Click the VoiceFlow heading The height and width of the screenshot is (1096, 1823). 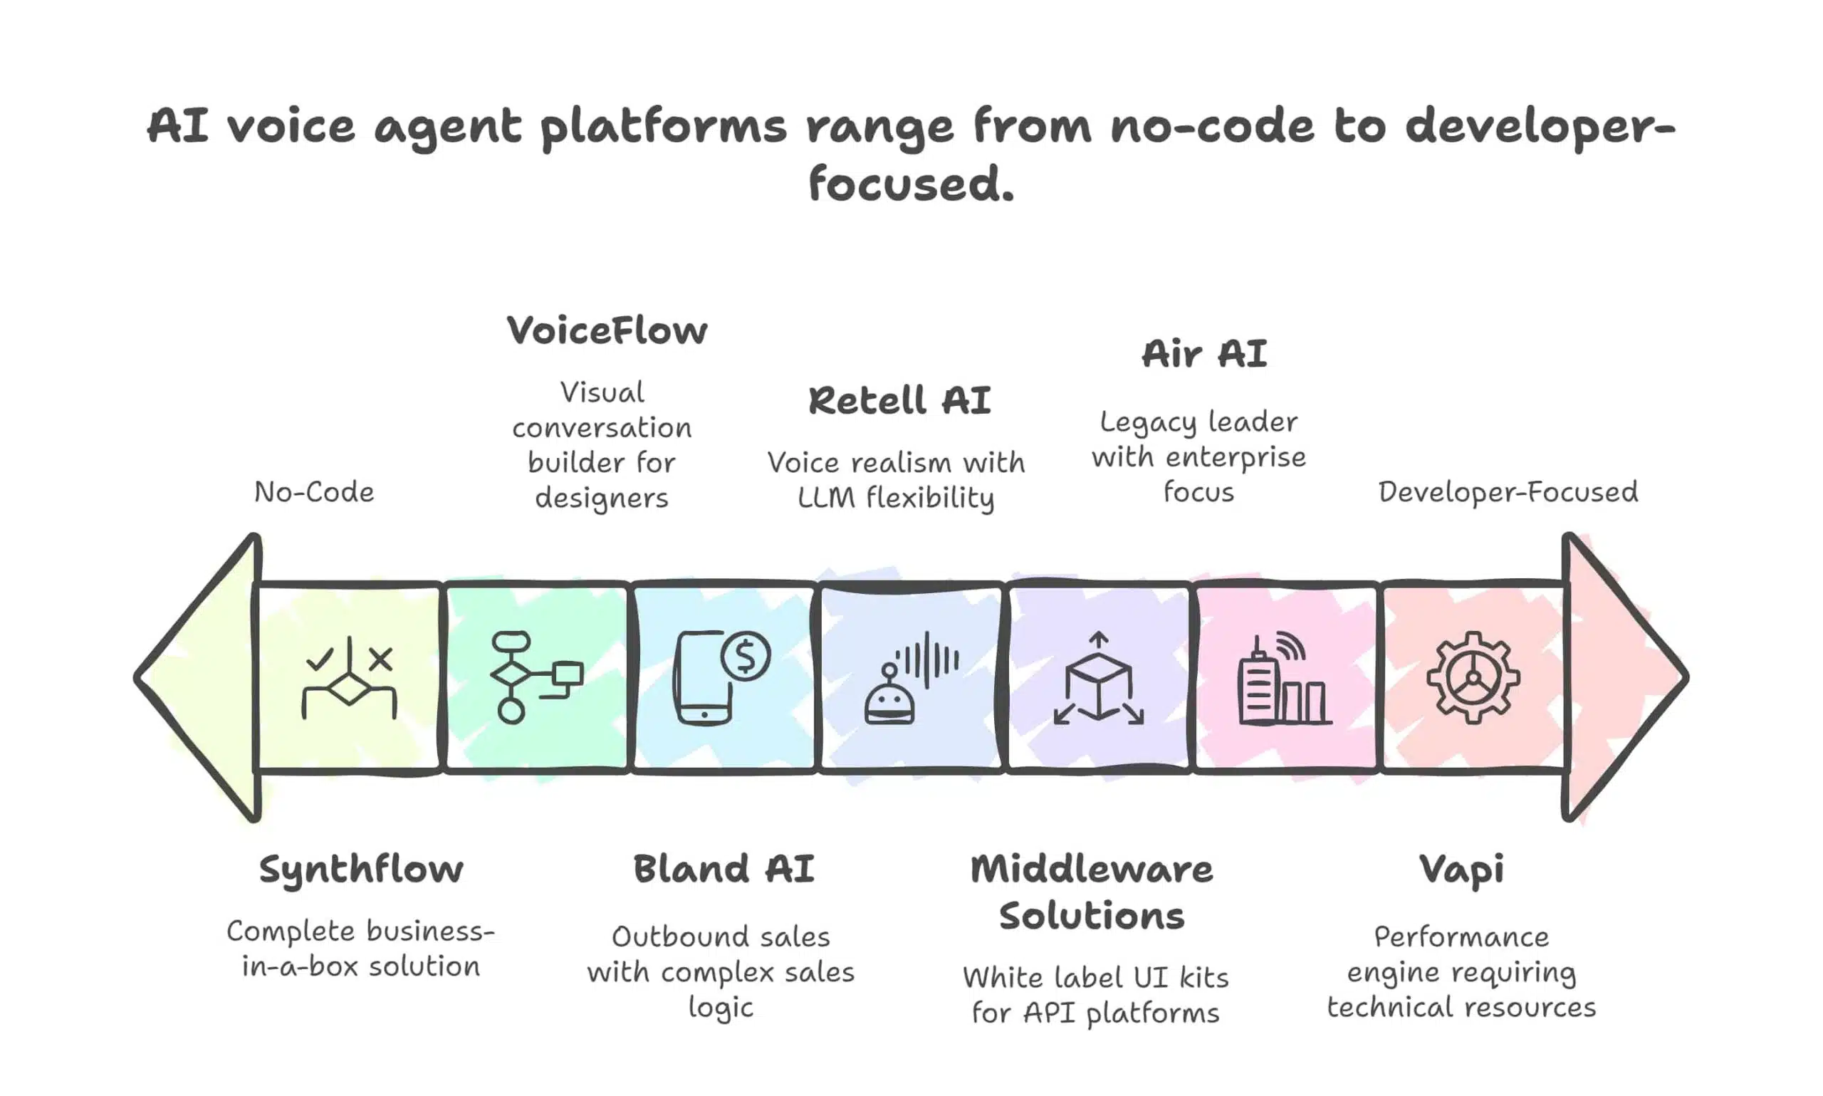607,330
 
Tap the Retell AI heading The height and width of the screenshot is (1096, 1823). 899,400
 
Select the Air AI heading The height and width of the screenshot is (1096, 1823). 1204,354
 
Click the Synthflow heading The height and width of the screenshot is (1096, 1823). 361,870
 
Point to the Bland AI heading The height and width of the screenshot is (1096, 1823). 724,869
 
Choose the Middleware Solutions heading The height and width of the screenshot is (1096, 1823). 1091,892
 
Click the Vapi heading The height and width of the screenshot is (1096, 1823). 1461,870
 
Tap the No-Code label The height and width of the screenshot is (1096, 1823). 314,492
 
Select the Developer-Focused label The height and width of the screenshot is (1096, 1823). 1508,492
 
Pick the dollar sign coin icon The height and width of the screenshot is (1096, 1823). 746,656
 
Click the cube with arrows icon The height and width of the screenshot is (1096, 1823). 1099,679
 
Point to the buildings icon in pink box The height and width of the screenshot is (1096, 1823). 1284,679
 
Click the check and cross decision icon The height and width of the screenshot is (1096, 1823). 348,677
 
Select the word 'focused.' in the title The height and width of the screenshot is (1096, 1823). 911,184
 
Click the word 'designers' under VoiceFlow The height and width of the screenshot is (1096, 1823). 601,498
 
